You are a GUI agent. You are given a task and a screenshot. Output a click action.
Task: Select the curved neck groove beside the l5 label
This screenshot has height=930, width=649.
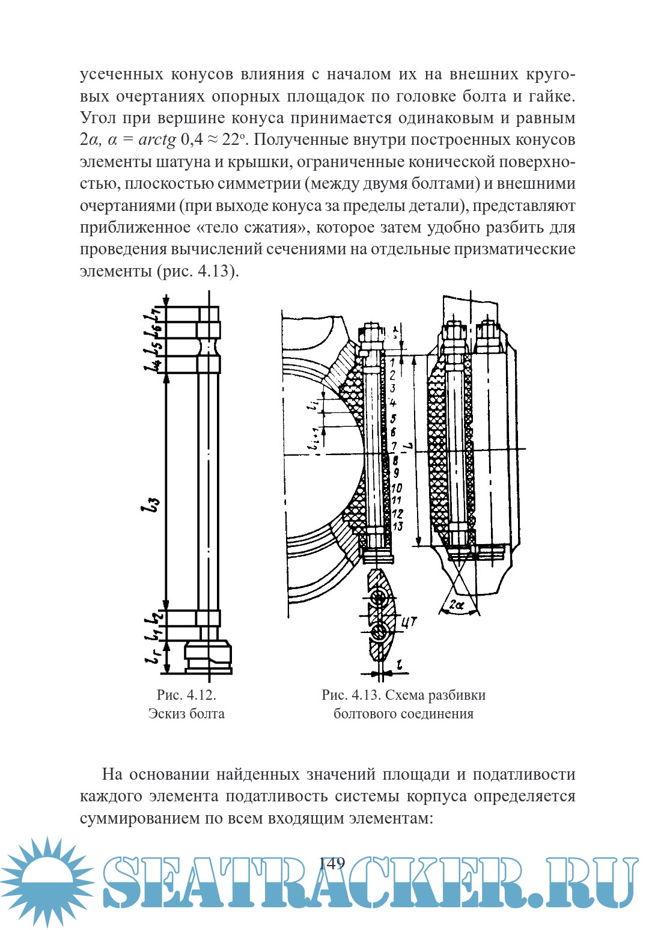[x=208, y=347]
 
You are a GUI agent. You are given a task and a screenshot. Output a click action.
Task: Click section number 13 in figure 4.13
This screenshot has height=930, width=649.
[x=398, y=527]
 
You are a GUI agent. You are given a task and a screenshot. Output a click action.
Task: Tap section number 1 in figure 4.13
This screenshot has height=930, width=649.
[x=392, y=363]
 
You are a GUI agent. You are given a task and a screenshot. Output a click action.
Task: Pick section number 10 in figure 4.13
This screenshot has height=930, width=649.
[x=397, y=488]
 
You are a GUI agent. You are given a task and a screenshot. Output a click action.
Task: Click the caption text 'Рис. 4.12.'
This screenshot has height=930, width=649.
[x=186, y=695]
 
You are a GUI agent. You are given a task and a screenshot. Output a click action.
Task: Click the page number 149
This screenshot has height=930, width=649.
[x=332, y=864]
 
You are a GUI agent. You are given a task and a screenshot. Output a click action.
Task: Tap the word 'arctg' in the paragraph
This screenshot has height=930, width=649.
[x=157, y=140]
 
